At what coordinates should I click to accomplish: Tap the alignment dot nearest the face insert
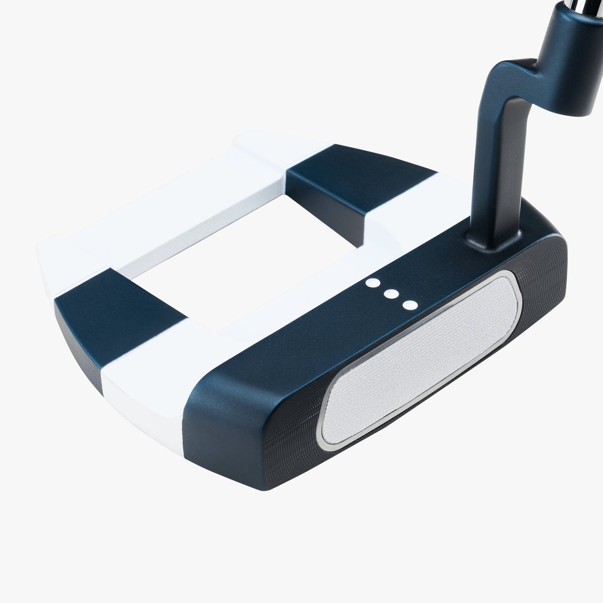pyautogui.click(x=410, y=305)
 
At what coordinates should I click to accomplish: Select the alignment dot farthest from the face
pyautogui.click(x=370, y=284)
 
